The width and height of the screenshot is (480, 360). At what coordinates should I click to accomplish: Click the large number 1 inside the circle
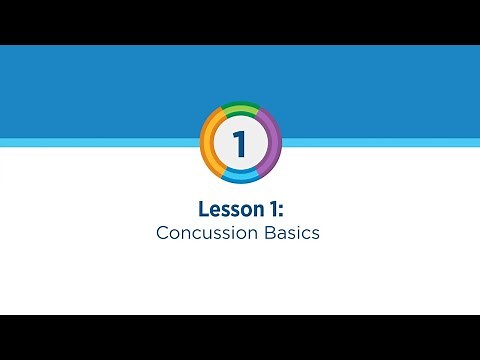click(x=240, y=142)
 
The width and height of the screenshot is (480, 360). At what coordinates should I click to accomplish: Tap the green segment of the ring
click(x=240, y=106)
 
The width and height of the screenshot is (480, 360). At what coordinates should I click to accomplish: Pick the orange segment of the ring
click(x=207, y=140)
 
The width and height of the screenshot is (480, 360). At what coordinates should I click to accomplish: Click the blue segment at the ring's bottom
click(x=240, y=178)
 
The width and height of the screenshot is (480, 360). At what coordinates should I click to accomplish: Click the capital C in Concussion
click(x=162, y=233)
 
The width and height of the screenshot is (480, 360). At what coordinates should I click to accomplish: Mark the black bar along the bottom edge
click(x=240, y=337)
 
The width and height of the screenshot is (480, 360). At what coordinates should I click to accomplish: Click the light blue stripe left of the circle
click(x=100, y=142)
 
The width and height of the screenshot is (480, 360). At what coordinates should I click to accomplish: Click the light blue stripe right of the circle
click(x=380, y=142)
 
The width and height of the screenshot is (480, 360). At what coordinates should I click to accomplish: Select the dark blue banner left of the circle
click(x=100, y=90)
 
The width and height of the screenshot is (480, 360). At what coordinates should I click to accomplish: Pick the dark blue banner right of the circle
click(x=380, y=90)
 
